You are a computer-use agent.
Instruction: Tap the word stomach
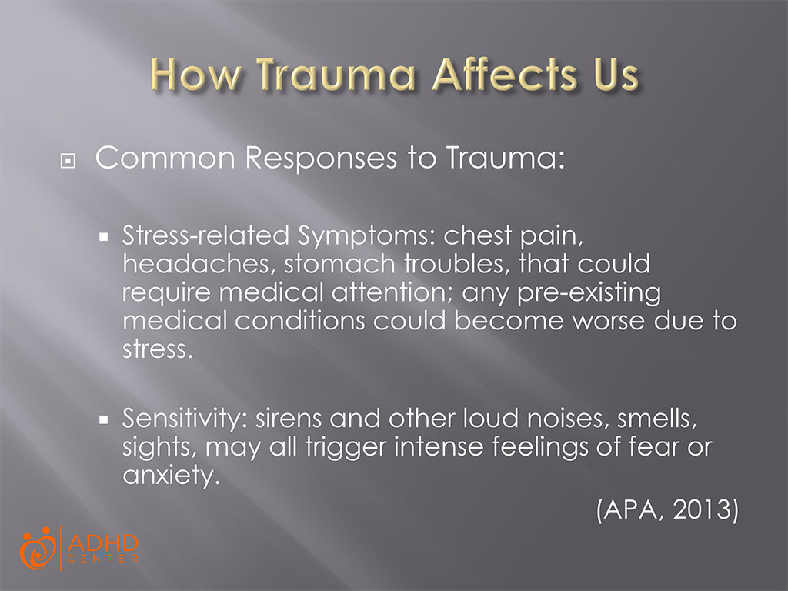point(334,265)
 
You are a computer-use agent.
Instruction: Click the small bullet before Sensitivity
point(103,422)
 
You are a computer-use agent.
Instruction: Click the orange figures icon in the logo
point(37,547)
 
